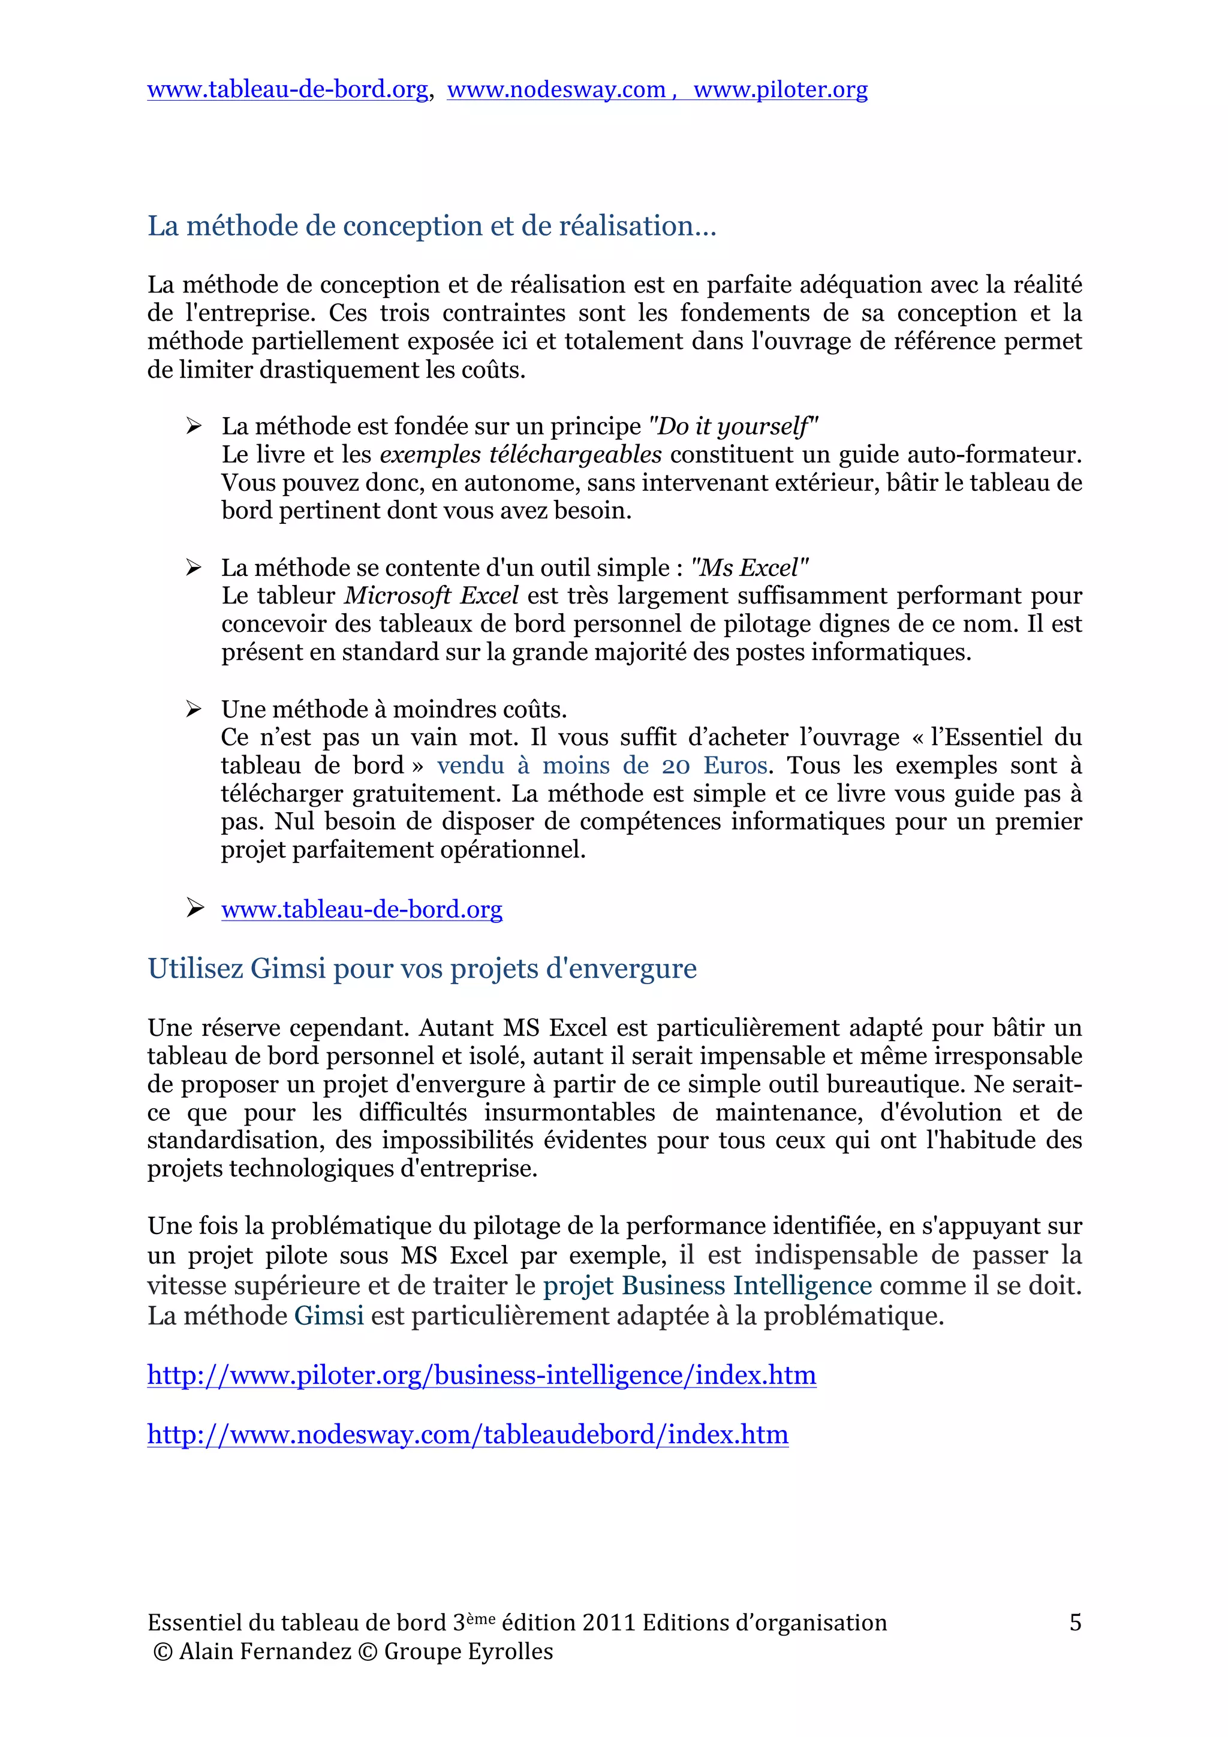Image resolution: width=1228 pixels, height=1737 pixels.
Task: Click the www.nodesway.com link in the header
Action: pyautogui.click(x=556, y=90)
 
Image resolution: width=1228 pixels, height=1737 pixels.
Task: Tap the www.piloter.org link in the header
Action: pyautogui.click(x=780, y=90)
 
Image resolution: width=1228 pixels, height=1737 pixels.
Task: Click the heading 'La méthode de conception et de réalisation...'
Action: pyautogui.click(x=431, y=225)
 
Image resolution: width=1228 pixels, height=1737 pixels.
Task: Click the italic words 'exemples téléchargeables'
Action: pyautogui.click(x=520, y=455)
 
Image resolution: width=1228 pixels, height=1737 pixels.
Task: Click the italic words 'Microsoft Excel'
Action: pyautogui.click(x=431, y=596)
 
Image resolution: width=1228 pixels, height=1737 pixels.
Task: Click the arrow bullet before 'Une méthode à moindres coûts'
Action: pyautogui.click(x=194, y=709)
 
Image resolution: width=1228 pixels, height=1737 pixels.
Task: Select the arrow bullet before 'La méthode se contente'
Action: pyautogui.click(x=194, y=568)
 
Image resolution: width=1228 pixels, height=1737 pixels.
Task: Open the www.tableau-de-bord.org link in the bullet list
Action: pyautogui.click(x=362, y=909)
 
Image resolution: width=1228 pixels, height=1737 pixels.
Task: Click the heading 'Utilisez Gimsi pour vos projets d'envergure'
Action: pyautogui.click(x=422, y=969)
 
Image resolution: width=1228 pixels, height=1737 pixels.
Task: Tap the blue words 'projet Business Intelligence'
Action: pyautogui.click(x=708, y=1285)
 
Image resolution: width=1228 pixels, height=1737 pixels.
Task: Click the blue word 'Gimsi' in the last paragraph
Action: pyautogui.click(x=329, y=1316)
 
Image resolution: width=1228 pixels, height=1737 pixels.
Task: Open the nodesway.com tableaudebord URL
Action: pyautogui.click(x=468, y=1434)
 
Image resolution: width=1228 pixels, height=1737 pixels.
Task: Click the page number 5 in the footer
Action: pyautogui.click(x=1074, y=1623)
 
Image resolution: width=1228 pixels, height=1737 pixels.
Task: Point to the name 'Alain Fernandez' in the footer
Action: pyautogui.click(x=265, y=1651)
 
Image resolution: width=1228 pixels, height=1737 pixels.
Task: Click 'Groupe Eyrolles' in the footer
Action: pyautogui.click(x=468, y=1651)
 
